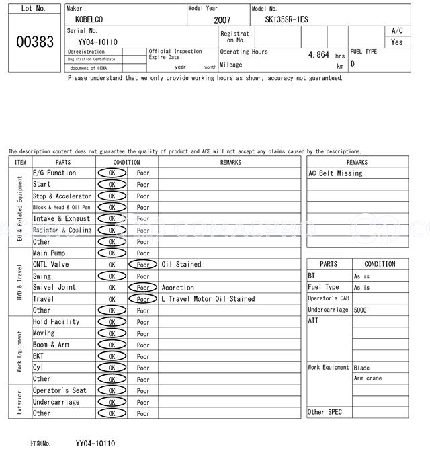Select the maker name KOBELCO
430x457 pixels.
click(89, 20)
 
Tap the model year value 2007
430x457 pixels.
click(222, 20)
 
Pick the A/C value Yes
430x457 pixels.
click(397, 42)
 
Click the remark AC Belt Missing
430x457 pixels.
click(335, 173)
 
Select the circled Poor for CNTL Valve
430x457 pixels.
click(143, 265)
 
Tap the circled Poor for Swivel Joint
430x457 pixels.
click(143, 288)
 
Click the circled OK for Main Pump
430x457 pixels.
click(112, 253)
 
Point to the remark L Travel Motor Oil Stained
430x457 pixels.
click(208, 299)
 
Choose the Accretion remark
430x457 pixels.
click(178, 288)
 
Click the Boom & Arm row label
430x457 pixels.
click(51, 345)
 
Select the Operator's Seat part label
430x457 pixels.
click(60, 390)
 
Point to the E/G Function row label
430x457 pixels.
click(54, 173)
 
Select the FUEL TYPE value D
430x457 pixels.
click(353, 64)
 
